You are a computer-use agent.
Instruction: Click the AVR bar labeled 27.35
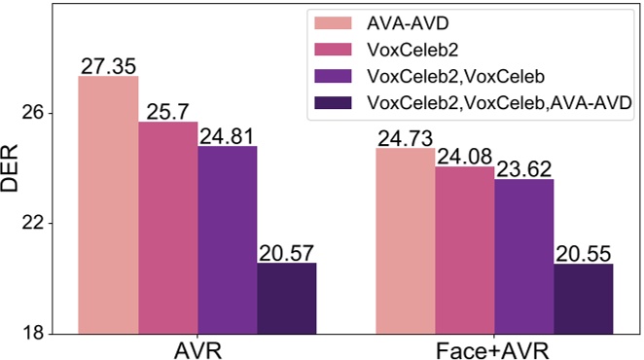point(108,204)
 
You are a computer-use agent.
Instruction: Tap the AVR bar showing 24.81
point(227,239)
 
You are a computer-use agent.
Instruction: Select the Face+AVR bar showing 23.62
point(524,256)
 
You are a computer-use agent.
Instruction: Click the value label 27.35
point(108,65)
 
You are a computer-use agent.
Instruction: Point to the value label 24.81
point(227,135)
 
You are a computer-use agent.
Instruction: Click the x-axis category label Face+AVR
point(494,349)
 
